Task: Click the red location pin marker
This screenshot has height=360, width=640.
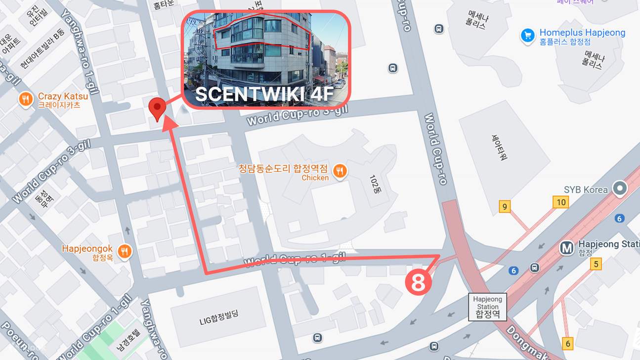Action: pyautogui.click(x=157, y=107)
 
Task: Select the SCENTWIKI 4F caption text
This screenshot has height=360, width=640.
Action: pyautogui.click(x=264, y=94)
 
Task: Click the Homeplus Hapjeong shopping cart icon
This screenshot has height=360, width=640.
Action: pyautogui.click(x=528, y=35)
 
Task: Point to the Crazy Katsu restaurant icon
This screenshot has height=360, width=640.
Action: pyautogui.click(x=26, y=100)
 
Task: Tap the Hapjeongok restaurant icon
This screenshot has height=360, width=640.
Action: pyautogui.click(x=126, y=251)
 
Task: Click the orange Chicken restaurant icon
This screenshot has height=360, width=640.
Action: pyautogui.click(x=340, y=171)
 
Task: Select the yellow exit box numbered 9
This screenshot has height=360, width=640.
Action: pyautogui.click(x=505, y=207)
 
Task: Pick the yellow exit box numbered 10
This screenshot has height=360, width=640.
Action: pyautogui.click(x=560, y=202)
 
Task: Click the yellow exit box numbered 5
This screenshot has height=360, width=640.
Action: pyautogui.click(x=596, y=264)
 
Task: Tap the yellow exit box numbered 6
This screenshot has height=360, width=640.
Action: pyautogui.click(x=568, y=343)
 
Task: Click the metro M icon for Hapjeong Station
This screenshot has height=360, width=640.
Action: pyautogui.click(x=567, y=248)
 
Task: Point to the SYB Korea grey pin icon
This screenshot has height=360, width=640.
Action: pyautogui.click(x=619, y=188)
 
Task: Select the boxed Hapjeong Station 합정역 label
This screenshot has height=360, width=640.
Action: pyautogui.click(x=487, y=307)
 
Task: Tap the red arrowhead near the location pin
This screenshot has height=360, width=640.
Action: pyautogui.click(x=171, y=123)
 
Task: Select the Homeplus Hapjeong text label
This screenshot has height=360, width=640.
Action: pyautogui.click(x=582, y=33)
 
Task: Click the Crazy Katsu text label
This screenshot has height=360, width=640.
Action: pyautogui.click(x=63, y=96)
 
